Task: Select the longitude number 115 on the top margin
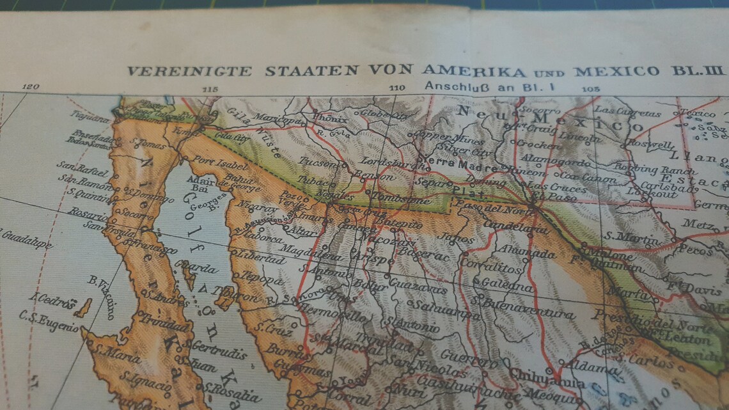click(x=208, y=89)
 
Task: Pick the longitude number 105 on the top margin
click(x=590, y=89)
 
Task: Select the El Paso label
click(x=545, y=196)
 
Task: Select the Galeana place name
click(x=507, y=285)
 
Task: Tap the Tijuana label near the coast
click(x=90, y=118)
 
